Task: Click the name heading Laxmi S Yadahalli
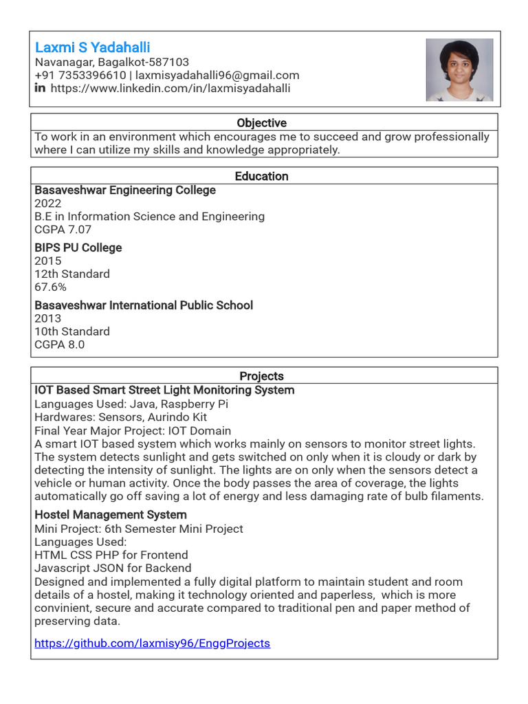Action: [92, 47]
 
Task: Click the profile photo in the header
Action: [459, 70]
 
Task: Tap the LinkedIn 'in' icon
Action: [40, 88]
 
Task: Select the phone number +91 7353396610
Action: [80, 75]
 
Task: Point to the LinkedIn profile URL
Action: [170, 88]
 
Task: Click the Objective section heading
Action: [261, 123]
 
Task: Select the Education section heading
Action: [261, 176]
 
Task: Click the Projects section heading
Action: [261, 376]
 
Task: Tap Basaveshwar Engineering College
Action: [125, 190]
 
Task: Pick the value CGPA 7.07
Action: [63, 230]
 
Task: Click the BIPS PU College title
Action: [78, 247]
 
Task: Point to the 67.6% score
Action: [50, 287]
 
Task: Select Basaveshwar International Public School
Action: [144, 305]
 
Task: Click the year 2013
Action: [47, 318]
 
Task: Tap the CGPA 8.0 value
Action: [59, 344]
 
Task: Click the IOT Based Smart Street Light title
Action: [164, 390]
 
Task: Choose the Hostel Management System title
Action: [111, 514]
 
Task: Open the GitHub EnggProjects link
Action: [152, 643]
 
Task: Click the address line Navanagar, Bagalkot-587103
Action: [112, 62]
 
